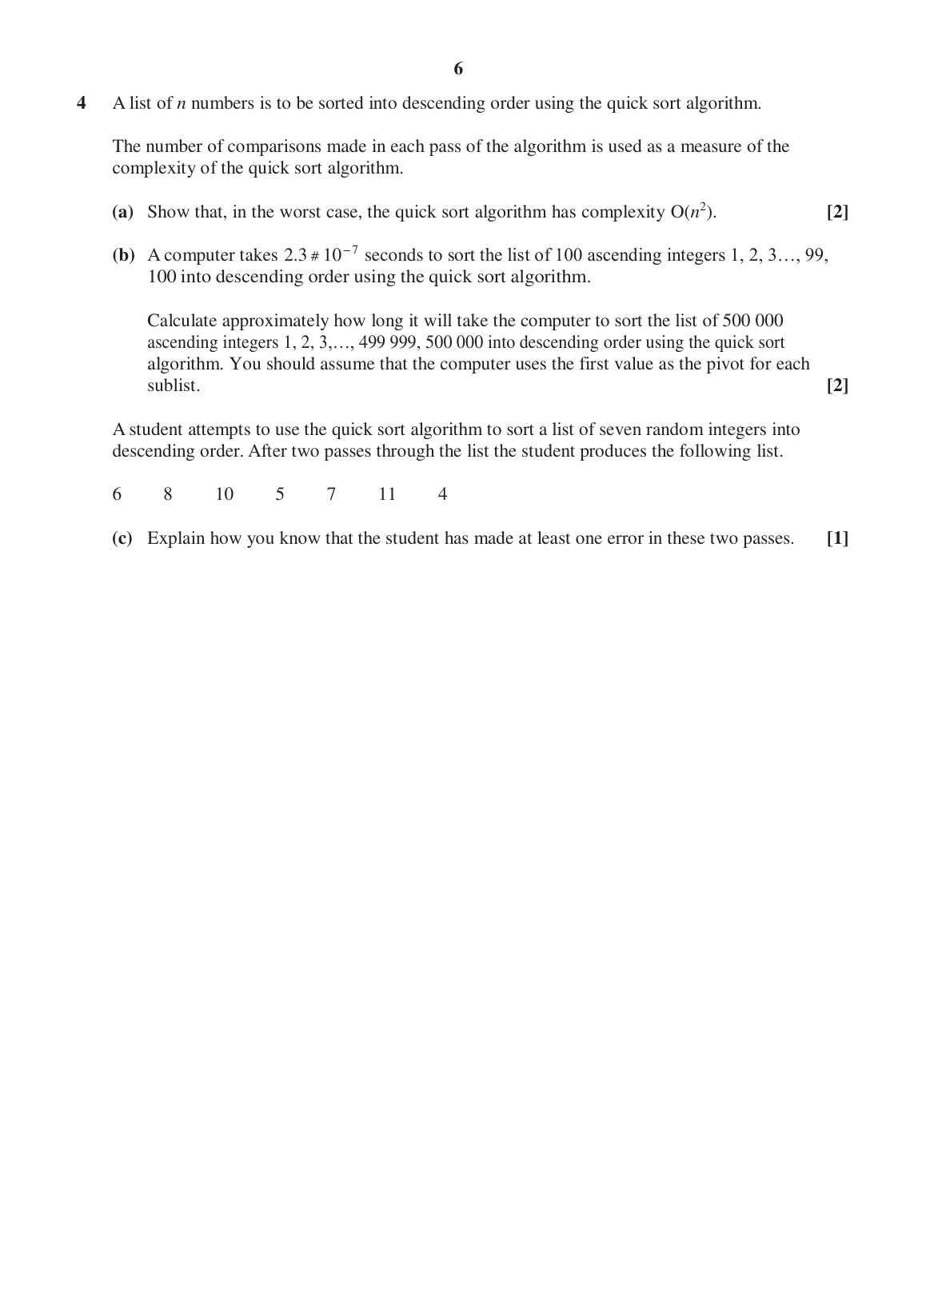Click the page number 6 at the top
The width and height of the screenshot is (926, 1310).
[458, 69]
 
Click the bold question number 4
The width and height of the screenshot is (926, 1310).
[81, 103]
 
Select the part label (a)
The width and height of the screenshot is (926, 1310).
[122, 212]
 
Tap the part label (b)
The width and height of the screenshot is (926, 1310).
[123, 255]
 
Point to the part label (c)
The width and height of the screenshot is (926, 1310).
[122, 538]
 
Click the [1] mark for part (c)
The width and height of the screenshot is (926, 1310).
[837, 538]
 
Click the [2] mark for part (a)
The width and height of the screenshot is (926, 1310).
[837, 212]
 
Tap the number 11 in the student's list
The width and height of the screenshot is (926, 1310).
[387, 494]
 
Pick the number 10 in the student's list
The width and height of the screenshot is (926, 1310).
[225, 494]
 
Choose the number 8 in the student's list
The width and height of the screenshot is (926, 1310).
[168, 494]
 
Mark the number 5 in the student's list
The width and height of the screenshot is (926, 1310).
[280, 494]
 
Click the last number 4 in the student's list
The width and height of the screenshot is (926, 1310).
[442, 494]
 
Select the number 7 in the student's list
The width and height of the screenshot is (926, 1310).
[331, 494]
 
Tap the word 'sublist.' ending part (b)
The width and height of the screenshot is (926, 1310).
[174, 385]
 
